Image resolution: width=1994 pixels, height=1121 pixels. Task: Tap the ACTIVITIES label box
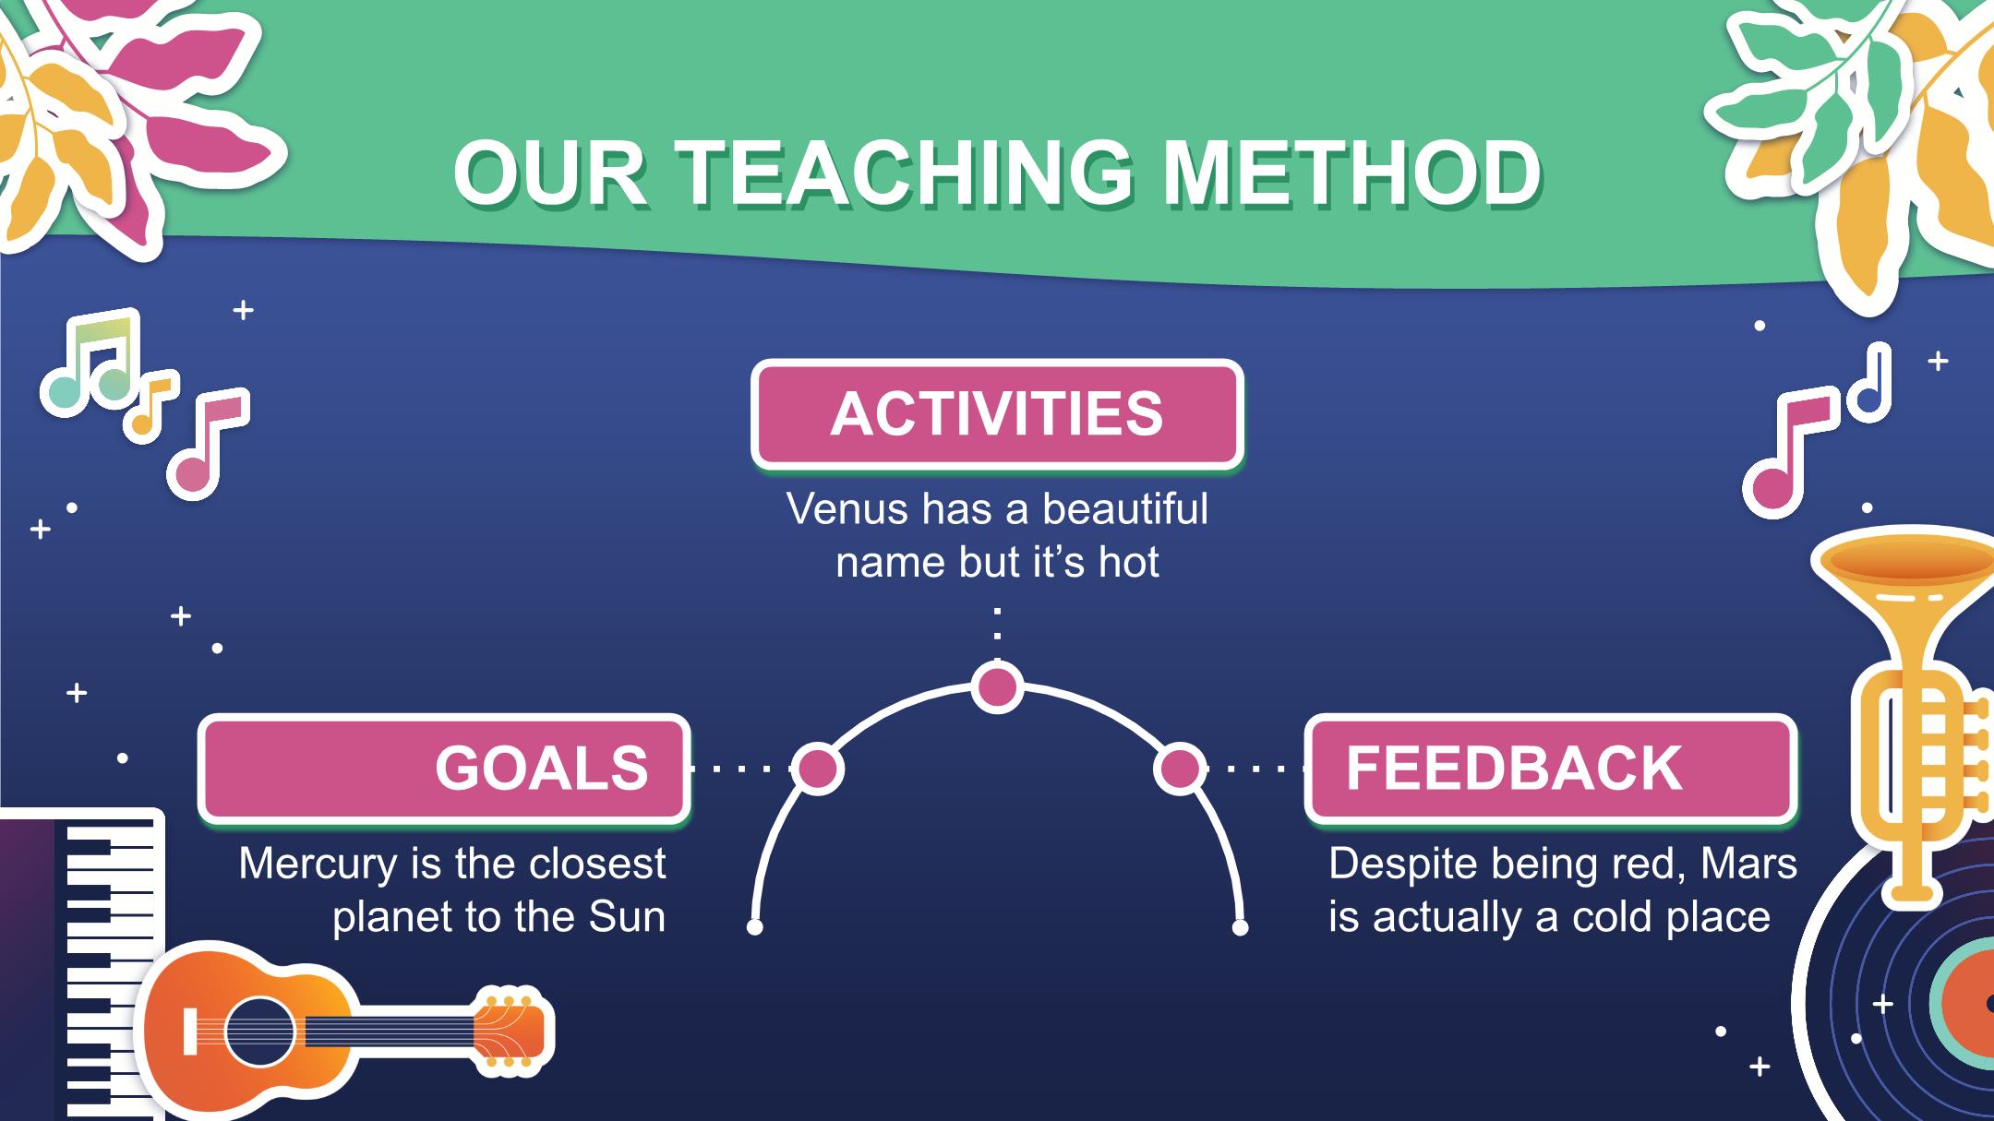tap(997, 413)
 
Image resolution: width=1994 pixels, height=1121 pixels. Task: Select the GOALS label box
tap(444, 768)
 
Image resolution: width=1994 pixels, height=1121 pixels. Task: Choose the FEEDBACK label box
tap(1551, 768)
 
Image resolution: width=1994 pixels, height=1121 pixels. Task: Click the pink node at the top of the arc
tap(997, 687)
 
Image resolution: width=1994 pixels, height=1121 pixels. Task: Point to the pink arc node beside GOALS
tap(818, 768)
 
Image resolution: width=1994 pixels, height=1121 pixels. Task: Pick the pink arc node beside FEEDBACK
tap(1179, 768)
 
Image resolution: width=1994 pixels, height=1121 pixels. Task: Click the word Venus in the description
tap(847, 508)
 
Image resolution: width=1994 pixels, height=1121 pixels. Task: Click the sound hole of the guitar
tap(259, 1032)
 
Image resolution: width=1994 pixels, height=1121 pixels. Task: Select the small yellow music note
tap(151, 405)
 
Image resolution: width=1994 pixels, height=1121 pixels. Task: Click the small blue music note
tap(1868, 383)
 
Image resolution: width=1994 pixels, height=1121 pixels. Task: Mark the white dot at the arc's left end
tap(755, 926)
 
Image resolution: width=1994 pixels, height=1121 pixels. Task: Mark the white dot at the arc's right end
tap(1241, 926)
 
